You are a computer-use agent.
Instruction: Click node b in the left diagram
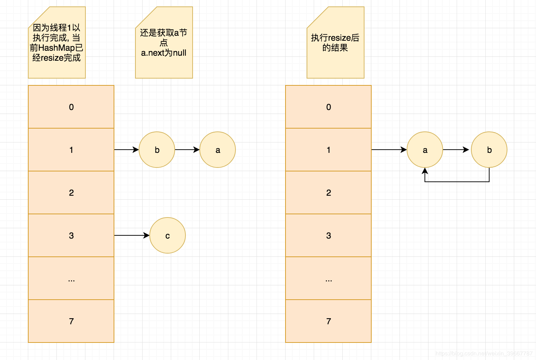157,150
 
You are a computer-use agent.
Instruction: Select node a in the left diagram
218,150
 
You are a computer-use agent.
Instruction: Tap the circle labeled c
168,235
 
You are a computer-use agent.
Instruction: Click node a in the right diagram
425,150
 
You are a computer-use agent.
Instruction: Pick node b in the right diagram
489,150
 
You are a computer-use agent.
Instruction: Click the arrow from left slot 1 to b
126,150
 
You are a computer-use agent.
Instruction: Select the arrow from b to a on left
187,150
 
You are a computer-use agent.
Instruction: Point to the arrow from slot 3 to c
131,235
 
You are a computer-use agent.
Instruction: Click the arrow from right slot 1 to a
389,150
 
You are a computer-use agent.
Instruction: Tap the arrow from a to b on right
456,150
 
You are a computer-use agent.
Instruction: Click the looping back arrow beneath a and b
457,181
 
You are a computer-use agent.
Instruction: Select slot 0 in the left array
71,107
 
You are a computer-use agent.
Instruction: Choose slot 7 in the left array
71,321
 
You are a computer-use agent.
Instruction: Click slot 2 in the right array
328,192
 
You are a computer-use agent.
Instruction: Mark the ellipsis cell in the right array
328,278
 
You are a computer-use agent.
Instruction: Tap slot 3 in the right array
328,235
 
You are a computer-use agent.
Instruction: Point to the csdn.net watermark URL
484,353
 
